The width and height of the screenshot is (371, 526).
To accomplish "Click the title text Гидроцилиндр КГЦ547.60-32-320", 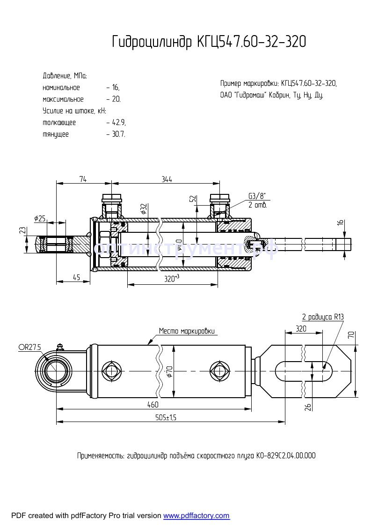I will pos(209,42).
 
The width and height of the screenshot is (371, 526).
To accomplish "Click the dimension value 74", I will pos(83,179).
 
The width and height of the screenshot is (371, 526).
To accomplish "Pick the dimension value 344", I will pos(167,179).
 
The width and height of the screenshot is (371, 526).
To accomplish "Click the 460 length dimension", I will pos(153,404).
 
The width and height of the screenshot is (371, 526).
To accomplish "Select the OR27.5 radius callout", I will pos(30,347).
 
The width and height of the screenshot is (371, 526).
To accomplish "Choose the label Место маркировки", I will pos(187,331).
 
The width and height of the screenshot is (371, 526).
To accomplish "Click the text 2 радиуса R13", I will pos(323,317).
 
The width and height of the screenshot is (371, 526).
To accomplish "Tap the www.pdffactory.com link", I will pos(196,516).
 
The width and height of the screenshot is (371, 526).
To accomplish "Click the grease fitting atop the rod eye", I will pos(59,347).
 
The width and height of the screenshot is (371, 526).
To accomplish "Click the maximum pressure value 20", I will pos(116,99).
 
